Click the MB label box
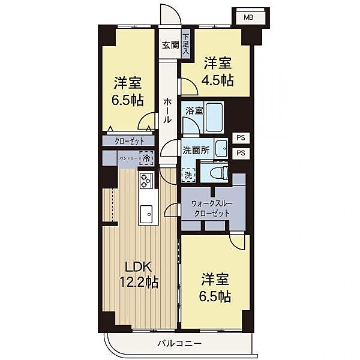pos(248,17)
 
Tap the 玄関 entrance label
pos(170,44)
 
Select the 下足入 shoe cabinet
pos(186,45)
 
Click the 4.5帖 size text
pos(218,80)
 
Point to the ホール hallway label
pos(167,111)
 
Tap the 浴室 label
pos(194,111)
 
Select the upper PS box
pos(241,137)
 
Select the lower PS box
pos(241,152)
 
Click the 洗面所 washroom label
pos(196,151)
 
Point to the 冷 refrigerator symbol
pos(146,159)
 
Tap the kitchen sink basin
pos(146,213)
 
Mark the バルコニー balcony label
pos(179,344)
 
